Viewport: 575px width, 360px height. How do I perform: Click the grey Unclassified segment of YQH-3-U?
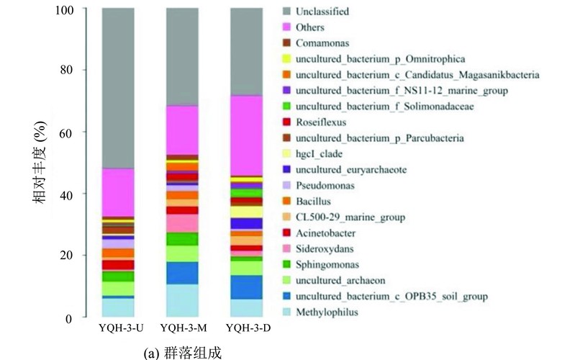pyautogui.click(x=118, y=88)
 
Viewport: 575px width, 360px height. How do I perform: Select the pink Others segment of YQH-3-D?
pyautogui.click(x=246, y=136)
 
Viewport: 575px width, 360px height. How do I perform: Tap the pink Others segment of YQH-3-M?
pyautogui.click(x=182, y=130)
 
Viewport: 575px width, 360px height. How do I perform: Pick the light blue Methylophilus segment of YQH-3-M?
pyautogui.click(x=182, y=300)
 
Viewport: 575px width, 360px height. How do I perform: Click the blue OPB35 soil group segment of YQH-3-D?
pyautogui.click(x=246, y=287)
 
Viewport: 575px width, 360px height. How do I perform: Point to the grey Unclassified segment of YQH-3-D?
pyautogui.click(x=246, y=52)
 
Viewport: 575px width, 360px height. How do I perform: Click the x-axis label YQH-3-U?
pyautogui.click(x=121, y=328)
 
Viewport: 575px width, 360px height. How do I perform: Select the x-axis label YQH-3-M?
pyautogui.click(x=184, y=328)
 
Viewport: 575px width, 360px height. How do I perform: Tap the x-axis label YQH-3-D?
pyautogui.click(x=248, y=328)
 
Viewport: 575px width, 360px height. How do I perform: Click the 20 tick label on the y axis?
pyautogui.click(x=66, y=255)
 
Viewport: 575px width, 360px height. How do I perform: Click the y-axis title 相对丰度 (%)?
pyautogui.click(x=40, y=163)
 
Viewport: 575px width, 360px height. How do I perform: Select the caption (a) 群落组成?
pyautogui.click(x=183, y=352)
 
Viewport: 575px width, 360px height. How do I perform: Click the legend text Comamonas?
pyautogui.click(x=322, y=43)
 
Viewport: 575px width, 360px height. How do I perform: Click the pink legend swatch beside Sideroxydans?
pyautogui.click(x=286, y=249)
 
